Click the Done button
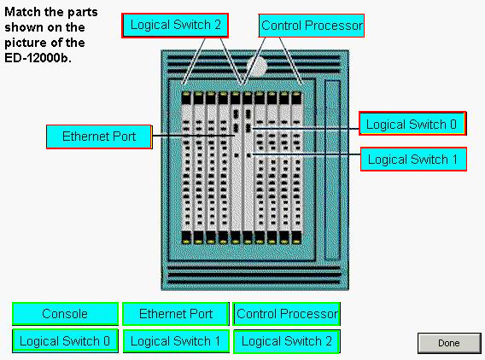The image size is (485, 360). pyautogui.click(x=449, y=343)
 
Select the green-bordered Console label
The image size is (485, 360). pyautogui.click(x=65, y=314)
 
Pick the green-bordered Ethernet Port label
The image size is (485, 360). pyautogui.click(x=176, y=314)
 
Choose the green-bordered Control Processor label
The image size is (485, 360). pyautogui.click(x=287, y=314)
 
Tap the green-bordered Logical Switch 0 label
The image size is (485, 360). pyautogui.click(x=65, y=341)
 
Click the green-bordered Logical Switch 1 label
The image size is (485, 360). pyautogui.click(x=176, y=341)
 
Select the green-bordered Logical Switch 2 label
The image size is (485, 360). pyautogui.click(x=287, y=341)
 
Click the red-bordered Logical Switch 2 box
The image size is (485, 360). pyautogui.click(x=175, y=26)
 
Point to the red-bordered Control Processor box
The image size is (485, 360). pyautogui.click(x=311, y=26)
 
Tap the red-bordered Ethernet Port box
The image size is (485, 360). pyautogui.click(x=99, y=136)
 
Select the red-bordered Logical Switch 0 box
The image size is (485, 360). pyautogui.click(x=412, y=124)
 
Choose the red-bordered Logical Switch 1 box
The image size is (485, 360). pyautogui.click(x=413, y=160)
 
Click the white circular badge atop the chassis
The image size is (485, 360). pyautogui.click(x=257, y=67)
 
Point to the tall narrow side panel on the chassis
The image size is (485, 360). pyautogui.click(x=332, y=170)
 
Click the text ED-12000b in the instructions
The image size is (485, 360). pyautogui.click(x=38, y=58)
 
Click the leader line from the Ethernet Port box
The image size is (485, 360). pyautogui.click(x=193, y=136)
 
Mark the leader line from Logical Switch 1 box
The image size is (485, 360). pyautogui.click(x=306, y=154)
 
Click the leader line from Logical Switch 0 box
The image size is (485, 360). pyautogui.click(x=306, y=129)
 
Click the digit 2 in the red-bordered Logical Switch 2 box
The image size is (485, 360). pyautogui.click(x=218, y=25)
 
